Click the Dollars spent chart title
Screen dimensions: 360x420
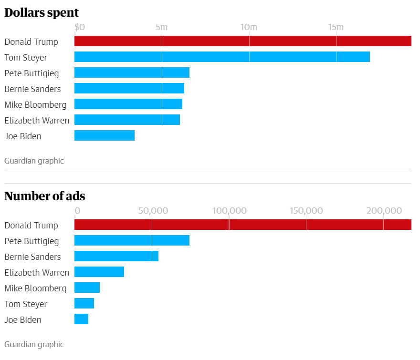(42, 12)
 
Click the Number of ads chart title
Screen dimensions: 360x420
(45, 196)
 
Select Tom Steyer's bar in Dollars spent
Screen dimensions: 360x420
(222, 57)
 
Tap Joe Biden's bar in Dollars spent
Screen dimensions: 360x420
(105, 136)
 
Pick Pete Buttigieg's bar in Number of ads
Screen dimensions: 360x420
(132, 240)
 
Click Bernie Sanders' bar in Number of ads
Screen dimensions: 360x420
(116, 256)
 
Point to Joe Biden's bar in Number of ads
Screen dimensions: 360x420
(82, 319)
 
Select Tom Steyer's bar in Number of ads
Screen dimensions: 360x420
(84, 304)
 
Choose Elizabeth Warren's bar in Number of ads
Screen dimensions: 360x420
(99, 272)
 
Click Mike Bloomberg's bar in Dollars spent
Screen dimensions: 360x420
(128, 104)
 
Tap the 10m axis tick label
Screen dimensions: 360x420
(249, 27)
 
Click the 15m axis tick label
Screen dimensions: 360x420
(336, 27)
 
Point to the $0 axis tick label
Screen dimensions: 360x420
(80, 27)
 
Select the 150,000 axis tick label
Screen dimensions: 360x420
(306, 211)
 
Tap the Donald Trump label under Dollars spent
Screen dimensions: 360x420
(31, 41)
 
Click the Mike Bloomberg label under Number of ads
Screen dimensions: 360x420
(36, 288)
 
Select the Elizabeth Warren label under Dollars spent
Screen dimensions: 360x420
(37, 120)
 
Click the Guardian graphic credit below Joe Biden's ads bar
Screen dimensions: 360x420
(34, 344)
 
